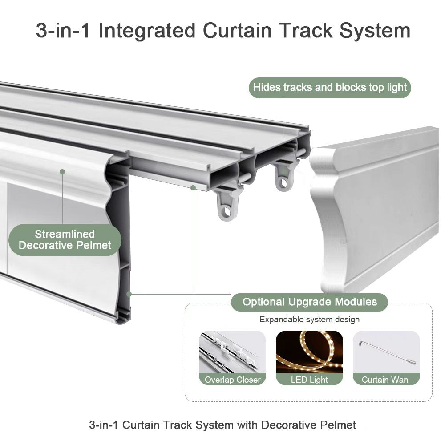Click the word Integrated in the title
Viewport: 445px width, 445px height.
click(147, 31)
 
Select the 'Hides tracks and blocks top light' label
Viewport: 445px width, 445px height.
click(330, 88)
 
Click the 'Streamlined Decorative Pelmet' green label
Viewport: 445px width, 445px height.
click(65, 240)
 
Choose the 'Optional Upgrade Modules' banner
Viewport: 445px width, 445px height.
click(309, 302)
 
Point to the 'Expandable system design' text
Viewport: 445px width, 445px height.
click(309, 320)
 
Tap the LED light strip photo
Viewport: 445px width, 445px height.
click(309, 352)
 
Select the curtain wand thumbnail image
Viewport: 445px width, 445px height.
click(386, 352)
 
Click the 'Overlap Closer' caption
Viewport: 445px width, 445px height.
click(232, 380)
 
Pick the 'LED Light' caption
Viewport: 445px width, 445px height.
click(309, 380)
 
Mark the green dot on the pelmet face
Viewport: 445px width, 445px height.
click(62, 172)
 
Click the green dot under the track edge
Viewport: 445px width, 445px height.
click(193, 188)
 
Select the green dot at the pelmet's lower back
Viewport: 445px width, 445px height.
click(129, 294)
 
